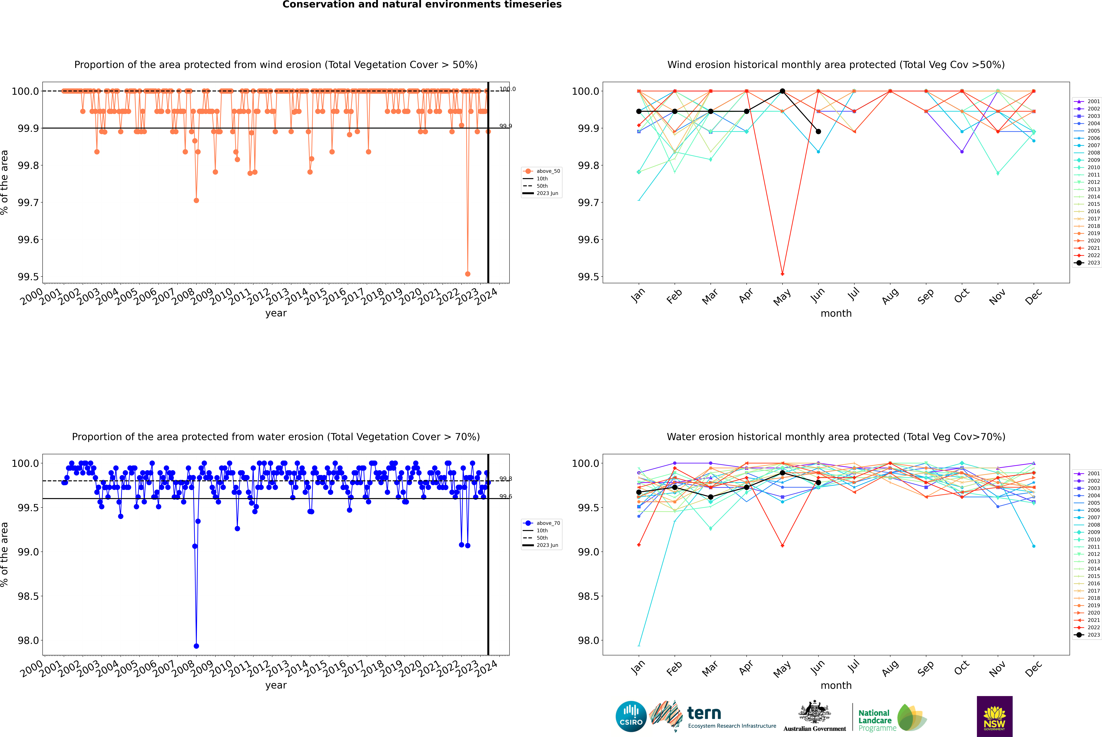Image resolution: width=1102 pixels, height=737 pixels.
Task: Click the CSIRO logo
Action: coord(631,716)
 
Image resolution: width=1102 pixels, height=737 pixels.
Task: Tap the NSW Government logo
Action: coord(994,716)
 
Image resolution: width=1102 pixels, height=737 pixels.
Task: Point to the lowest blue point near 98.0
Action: coord(196,646)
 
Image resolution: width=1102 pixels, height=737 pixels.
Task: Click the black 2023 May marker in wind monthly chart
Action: coord(782,91)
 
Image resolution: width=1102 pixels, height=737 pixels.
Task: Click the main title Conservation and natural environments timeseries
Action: coord(422,5)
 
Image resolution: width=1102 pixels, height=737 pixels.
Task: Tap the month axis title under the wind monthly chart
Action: coord(836,314)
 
